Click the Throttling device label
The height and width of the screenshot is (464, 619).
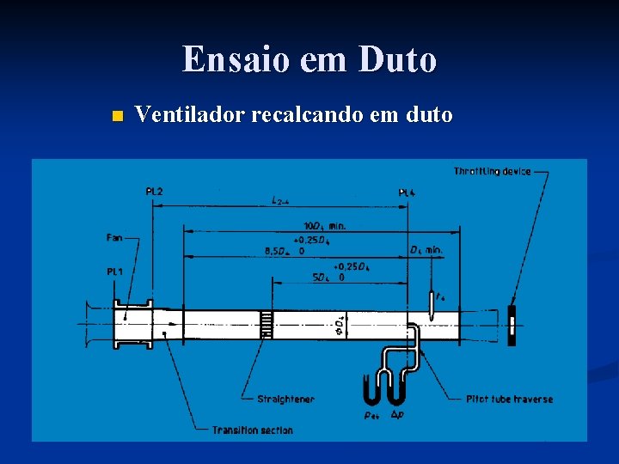[x=492, y=172]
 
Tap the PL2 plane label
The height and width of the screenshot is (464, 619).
[x=154, y=191]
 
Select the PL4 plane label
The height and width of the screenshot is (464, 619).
[x=408, y=193]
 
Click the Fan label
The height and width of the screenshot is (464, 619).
[x=113, y=237]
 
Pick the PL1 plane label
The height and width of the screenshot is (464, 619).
[x=114, y=272]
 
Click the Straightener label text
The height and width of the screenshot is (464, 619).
[x=285, y=399]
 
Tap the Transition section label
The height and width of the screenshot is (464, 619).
[x=252, y=430]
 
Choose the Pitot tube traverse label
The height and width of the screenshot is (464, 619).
[x=509, y=399]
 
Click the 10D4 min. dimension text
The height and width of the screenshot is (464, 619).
[x=324, y=225]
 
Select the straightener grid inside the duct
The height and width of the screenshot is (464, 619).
[x=267, y=324]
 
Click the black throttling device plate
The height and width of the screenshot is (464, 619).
[x=512, y=325]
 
